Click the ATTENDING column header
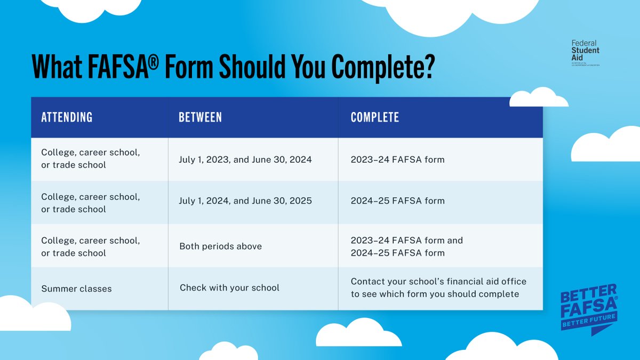[67, 117]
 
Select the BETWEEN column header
[200, 117]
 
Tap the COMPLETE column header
[374, 117]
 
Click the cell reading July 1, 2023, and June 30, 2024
[245, 159]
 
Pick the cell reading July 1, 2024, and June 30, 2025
[245, 201]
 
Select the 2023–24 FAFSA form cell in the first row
[397, 159]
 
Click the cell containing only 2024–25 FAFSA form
[397, 201]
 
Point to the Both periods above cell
[221, 246]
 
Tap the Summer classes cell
[76, 289]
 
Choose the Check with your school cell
[229, 288]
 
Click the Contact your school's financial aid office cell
[438, 287]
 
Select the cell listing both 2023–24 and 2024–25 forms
[406, 246]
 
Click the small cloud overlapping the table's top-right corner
[539, 98]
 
